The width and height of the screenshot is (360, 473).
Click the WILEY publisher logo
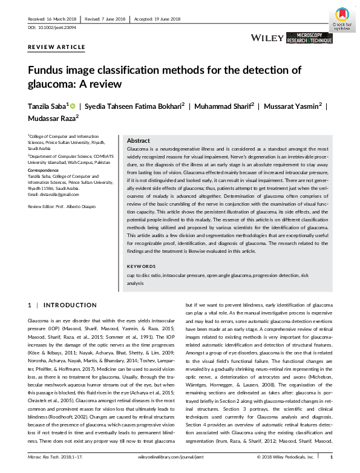267,38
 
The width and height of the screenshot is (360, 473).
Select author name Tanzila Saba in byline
48,106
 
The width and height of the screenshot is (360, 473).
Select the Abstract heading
139,140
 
